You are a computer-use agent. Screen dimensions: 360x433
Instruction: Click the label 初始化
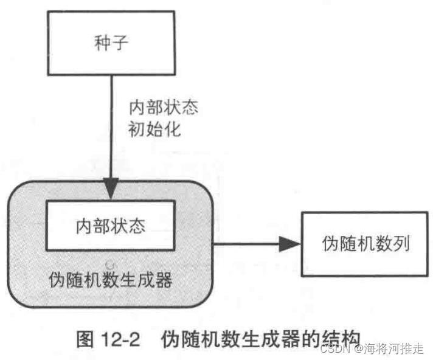[x=154, y=129]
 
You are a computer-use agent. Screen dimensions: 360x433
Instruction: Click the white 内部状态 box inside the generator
[x=111, y=226]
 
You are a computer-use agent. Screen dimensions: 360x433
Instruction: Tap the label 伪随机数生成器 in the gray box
[x=111, y=280]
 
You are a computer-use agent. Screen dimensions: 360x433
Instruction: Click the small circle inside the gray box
[x=111, y=264]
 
